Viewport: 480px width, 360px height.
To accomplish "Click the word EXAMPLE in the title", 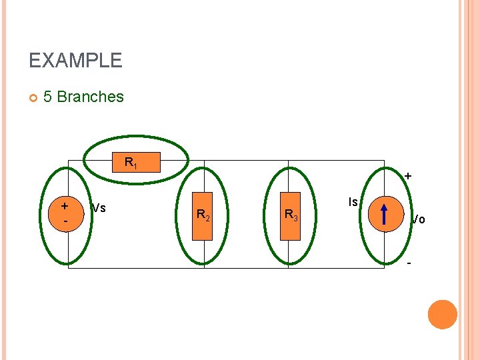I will pyautogui.click(x=75, y=61).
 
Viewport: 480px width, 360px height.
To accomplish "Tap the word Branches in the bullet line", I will pyautogui.click(x=91, y=97).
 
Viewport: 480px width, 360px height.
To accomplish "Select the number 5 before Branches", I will pyautogui.click(x=48, y=97).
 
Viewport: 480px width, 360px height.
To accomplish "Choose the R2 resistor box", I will pyautogui.click(x=203, y=215).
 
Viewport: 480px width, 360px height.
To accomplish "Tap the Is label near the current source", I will pyautogui.click(x=353, y=201).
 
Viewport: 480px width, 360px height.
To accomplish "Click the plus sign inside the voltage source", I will pyautogui.click(x=65, y=207).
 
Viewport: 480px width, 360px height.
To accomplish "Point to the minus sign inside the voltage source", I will pyautogui.click(x=65, y=220).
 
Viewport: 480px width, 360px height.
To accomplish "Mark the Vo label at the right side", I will pyautogui.click(x=418, y=219).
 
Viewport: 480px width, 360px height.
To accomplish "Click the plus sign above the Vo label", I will pyautogui.click(x=407, y=177).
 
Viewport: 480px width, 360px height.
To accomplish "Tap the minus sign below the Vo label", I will pyautogui.click(x=408, y=261).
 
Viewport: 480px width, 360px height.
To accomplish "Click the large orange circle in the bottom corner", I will pyautogui.click(x=442, y=315).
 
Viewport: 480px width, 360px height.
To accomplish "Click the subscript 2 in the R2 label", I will pyautogui.click(x=208, y=218).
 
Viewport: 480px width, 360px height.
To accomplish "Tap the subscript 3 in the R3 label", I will pyautogui.click(x=295, y=218).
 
